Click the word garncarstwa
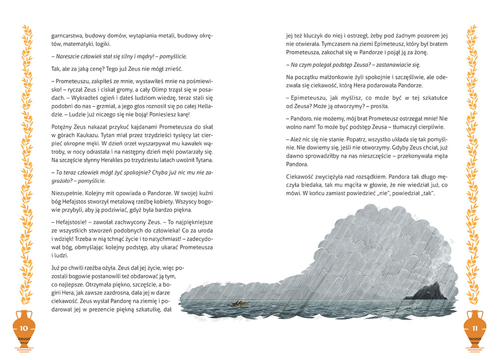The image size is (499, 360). [x=67, y=36]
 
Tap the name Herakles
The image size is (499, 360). [x=112, y=160]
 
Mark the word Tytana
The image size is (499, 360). [x=201, y=160]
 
